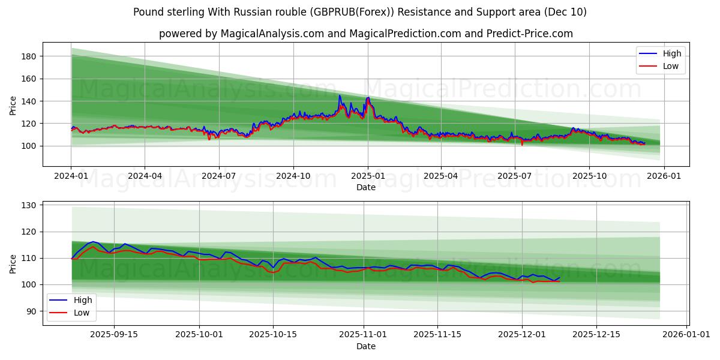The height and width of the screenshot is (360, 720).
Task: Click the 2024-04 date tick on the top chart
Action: point(145,175)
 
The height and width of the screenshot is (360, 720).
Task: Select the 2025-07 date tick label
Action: point(514,175)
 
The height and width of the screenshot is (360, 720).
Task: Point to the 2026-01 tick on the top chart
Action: point(664,175)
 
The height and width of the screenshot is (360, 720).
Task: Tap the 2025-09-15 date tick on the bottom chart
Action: point(114,334)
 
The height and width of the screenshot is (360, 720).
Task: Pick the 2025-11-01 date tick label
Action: point(363,334)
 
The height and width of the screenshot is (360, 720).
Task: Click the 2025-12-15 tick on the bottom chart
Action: point(596,334)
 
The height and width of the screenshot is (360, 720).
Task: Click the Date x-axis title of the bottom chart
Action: point(366,346)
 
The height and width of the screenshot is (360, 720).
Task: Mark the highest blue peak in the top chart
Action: point(340,95)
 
